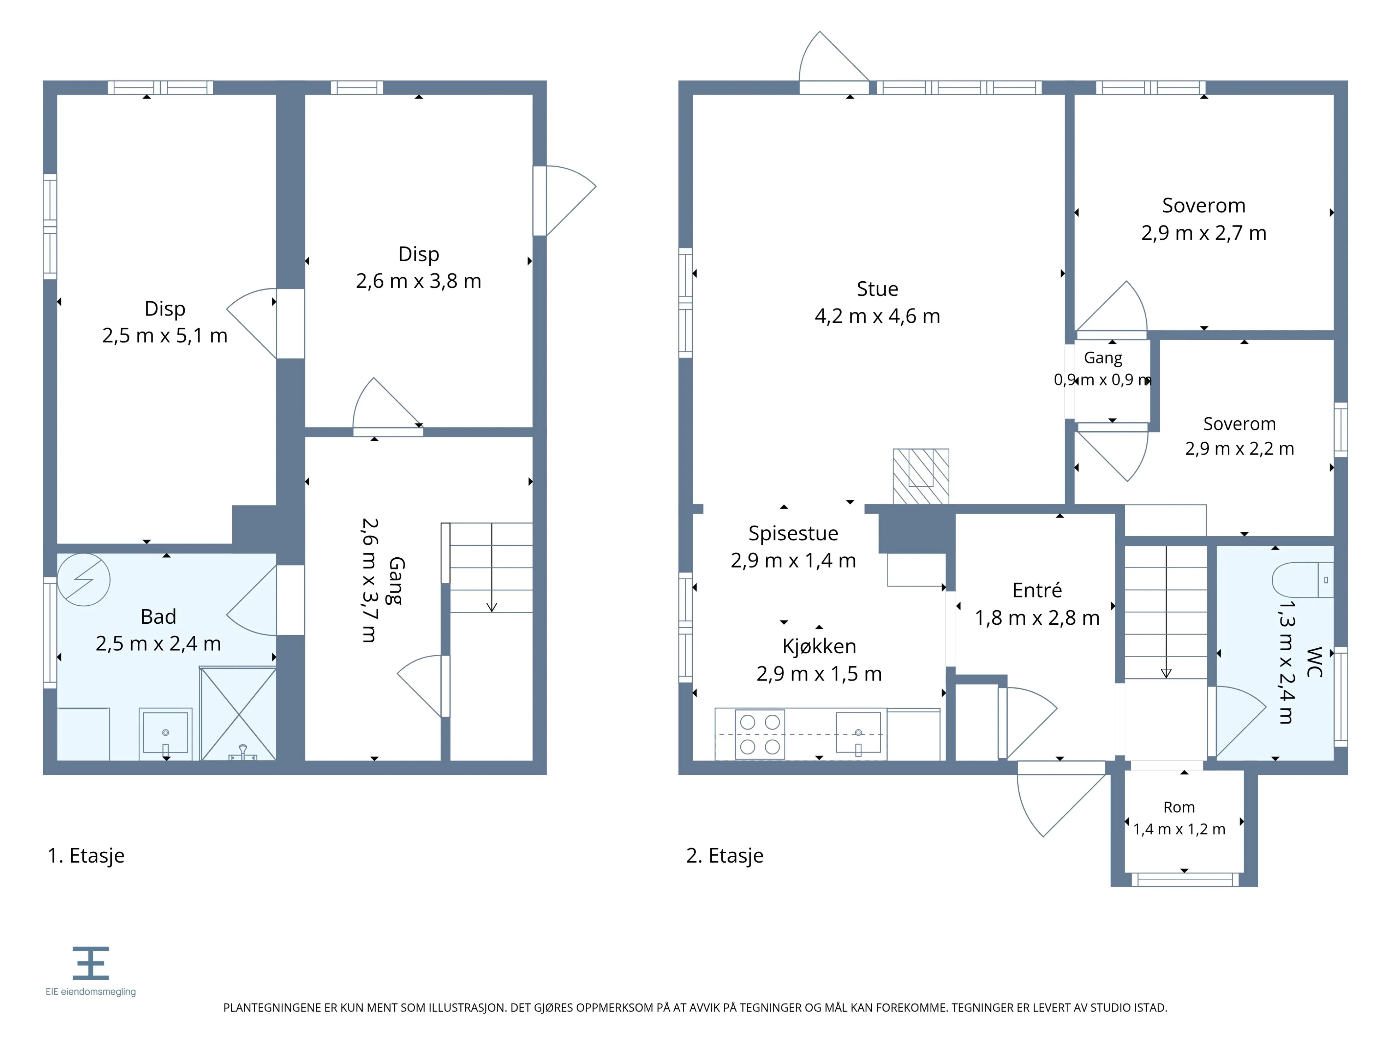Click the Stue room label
coord(877,289)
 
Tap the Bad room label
coord(159,617)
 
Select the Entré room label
coord(1037,591)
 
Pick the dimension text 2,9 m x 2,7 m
coord(1204,233)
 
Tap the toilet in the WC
coord(1302,580)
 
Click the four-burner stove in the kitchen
coord(760,734)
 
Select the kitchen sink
coord(858,732)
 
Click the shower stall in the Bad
coord(238,714)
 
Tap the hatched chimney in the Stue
coord(921,476)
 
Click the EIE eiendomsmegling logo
coord(90,971)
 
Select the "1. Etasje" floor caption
coord(86,856)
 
